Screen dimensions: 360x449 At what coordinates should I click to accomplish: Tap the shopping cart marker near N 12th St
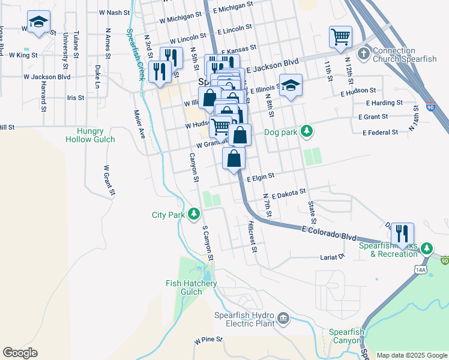tap(340, 37)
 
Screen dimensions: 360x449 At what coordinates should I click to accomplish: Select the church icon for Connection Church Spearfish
tap(363, 55)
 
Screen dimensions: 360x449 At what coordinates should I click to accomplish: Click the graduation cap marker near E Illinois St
tap(291, 85)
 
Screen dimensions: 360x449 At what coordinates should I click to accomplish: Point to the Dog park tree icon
tap(307, 130)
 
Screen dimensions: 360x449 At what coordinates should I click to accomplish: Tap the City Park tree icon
tap(194, 214)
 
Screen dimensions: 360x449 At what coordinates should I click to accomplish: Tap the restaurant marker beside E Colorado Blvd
tap(402, 233)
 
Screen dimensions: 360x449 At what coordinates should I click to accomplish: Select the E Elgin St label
tap(260, 176)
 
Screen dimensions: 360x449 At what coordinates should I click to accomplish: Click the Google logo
tap(20, 353)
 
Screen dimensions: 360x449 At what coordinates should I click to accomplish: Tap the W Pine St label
tap(208, 340)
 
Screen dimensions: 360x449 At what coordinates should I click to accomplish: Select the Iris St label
tap(76, 97)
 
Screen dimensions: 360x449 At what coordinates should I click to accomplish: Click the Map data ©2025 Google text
tap(412, 355)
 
